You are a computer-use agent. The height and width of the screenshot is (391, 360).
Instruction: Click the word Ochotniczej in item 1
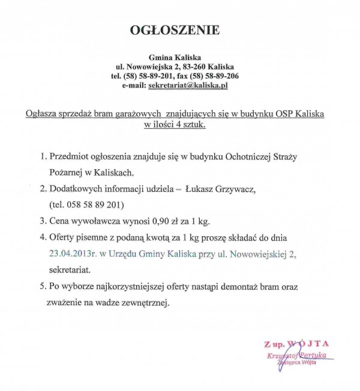tap(236, 157)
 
